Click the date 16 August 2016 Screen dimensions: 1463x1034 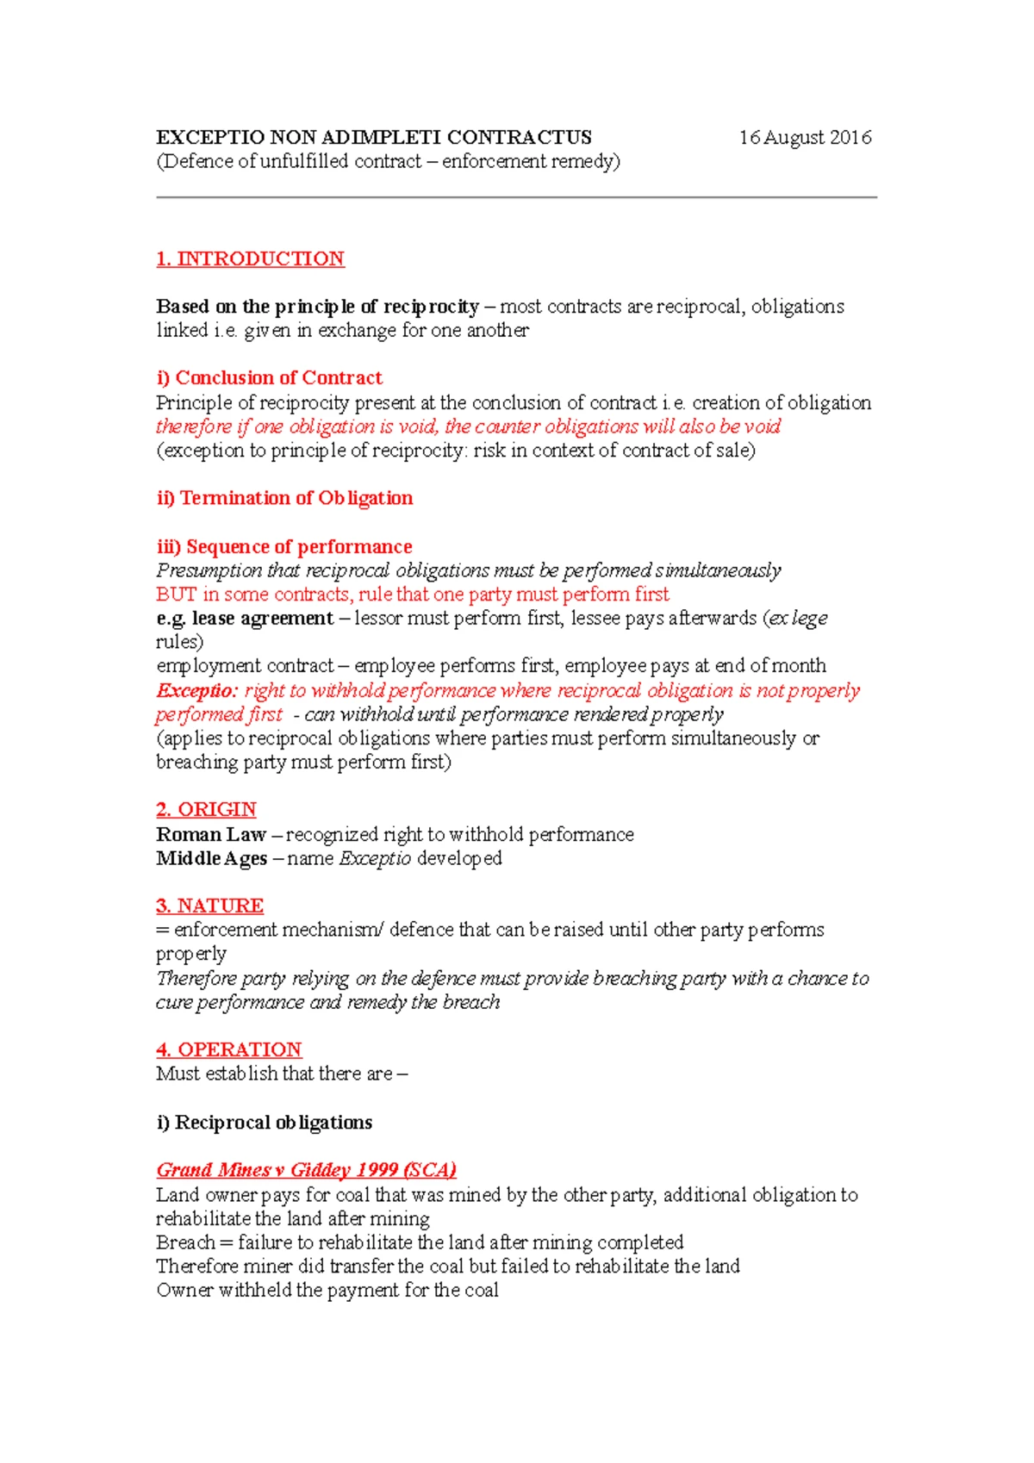pyautogui.click(x=805, y=138)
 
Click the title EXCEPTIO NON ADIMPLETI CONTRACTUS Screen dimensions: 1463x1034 pyautogui.click(x=373, y=138)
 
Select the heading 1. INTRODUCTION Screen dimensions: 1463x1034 pyautogui.click(x=250, y=258)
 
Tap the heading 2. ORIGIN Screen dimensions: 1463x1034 pyautogui.click(x=206, y=809)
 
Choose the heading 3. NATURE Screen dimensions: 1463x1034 pyautogui.click(x=209, y=906)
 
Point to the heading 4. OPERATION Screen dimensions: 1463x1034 pyautogui.click(x=228, y=1049)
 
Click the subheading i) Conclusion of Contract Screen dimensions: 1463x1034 pyautogui.click(x=269, y=377)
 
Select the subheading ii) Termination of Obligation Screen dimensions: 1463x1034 pyautogui.click(x=284, y=498)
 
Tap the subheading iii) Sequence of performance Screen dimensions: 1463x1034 pyautogui.click(x=284, y=547)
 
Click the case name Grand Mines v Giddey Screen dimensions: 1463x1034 pyautogui.click(x=306, y=1170)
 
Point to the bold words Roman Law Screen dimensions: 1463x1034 pyautogui.click(x=211, y=834)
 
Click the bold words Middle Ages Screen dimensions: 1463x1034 pyautogui.click(x=212, y=858)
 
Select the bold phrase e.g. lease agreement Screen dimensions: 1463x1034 pyautogui.click(x=245, y=618)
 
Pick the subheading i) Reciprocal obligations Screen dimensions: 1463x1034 pyautogui.click(x=264, y=1122)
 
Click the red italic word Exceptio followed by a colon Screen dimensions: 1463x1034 pyautogui.click(x=196, y=691)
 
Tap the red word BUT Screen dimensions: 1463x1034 pyautogui.click(x=176, y=595)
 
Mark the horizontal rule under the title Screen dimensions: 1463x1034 pyautogui.click(x=516, y=197)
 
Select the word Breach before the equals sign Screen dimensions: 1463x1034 pyautogui.click(x=185, y=1242)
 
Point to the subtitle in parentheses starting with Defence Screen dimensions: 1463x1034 pyautogui.click(x=388, y=162)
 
